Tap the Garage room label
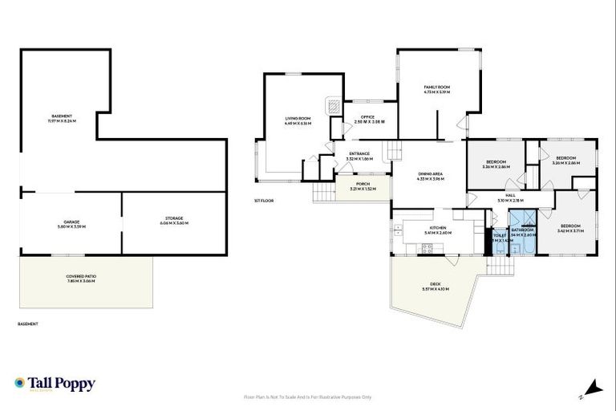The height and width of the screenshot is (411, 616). (x=72, y=223)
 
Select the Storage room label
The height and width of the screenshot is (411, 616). (x=174, y=220)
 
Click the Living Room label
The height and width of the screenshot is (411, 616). (x=297, y=120)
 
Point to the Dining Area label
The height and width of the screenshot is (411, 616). (x=431, y=175)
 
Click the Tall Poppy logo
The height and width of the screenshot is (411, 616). (x=55, y=384)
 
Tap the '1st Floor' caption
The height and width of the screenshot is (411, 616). (x=263, y=201)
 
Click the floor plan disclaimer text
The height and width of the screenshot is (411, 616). (x=307, y=397)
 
